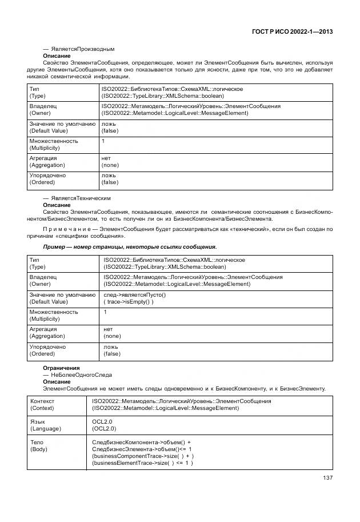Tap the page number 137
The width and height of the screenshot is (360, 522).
click(327, 478)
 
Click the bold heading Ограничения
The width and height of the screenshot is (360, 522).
click(62, 368)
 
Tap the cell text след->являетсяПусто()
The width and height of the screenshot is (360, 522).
click(134, 294)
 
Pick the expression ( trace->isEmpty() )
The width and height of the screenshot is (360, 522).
click(129, 301)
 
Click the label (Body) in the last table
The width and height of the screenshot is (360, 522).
click(41, 449)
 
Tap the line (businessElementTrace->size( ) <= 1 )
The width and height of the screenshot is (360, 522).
click(142, 463)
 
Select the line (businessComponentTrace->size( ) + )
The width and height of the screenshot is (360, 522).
click(143, 456)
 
